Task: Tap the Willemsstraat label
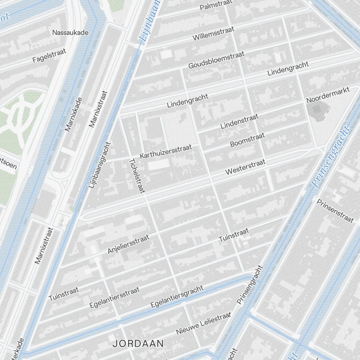click(213, 33)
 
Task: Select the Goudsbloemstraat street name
click(216, 60)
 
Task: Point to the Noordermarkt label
click(328, 95)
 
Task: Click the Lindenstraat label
click(239, 121)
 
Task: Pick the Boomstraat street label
click(247, 140)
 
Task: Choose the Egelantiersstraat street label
click(114, 297)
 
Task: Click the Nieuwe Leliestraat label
click(203, 323)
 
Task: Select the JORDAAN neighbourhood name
click(138, 343)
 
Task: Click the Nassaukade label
click(70, 32)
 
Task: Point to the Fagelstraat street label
click(49, 56)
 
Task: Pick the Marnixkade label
click(73, 114)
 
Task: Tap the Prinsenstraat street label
click(335, 211)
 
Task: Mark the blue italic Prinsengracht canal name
click(330, 157)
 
